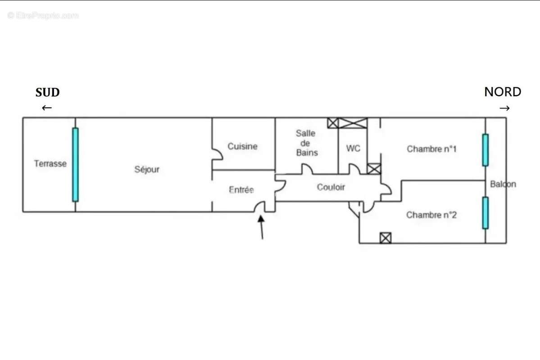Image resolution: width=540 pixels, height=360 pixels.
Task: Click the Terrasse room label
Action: click(x=50, y=164)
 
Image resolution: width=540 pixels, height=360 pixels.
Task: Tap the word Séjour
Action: click(x=147, y=170)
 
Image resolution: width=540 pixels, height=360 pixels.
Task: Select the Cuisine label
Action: click(x=242, y=146)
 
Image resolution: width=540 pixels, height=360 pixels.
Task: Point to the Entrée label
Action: click(x=241, y=190)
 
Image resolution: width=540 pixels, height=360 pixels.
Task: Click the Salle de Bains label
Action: click(x=306, y=143)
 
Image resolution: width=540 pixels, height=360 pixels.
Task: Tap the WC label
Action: click(x=353, y=148)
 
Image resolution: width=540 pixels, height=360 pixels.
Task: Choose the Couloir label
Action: click(x=331, y=187)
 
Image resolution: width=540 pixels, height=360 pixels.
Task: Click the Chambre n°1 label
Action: click(x=431, y=149)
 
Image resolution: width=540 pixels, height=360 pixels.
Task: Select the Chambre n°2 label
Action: click(x=431, y=215)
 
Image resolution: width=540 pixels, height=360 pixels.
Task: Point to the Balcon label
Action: click(x=503, y=184)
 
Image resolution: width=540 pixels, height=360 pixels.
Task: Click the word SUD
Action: click(x=47, y=93)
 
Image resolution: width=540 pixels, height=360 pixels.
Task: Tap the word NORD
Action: click(x=503, y=92)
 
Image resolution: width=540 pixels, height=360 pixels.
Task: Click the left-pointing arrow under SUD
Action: click(x=47, y=108)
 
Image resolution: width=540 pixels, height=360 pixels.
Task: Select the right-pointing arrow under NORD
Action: click(x=505, y=108)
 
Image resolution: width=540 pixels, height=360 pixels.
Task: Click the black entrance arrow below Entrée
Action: click(x=261, y=227)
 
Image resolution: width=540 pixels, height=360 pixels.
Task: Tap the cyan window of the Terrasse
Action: click(x=75, y=164)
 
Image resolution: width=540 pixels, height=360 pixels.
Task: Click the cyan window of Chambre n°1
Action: click(x=485, y=150)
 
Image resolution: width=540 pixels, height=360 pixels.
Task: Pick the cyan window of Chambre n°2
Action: click(x=485, y=213)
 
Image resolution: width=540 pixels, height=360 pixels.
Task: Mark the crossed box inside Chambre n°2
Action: click(x=385, y=238)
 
